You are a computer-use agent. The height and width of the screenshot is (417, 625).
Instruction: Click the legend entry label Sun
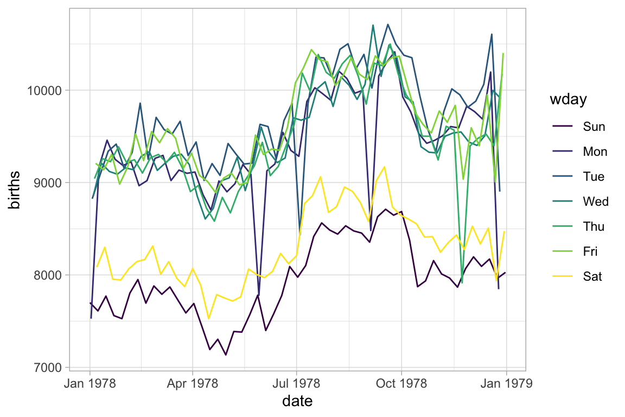(x=594, y=127)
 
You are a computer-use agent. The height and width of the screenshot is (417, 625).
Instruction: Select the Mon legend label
(x=595, y=151)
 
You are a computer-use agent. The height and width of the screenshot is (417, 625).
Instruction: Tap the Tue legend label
(x=594, y=176)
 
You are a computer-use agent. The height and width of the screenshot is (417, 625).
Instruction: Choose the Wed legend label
(x=596, y=201)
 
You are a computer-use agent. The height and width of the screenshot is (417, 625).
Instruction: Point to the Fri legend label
(x=591, y=251)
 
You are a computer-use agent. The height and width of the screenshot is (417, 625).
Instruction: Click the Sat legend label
(x=592, y=276)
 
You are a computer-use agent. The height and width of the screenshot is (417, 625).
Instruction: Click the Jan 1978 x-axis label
(x=90, y=383)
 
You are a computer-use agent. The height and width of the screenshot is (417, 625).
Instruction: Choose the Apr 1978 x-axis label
(x=193, y=383)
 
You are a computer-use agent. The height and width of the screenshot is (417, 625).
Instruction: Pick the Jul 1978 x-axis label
(x=297, y=383)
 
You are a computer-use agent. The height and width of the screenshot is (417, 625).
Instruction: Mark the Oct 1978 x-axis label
(x=401, y=383)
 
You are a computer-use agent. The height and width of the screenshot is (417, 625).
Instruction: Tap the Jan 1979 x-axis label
(x=507, y=383)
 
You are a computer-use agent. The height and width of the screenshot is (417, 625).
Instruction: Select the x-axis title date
(x=297, y=402)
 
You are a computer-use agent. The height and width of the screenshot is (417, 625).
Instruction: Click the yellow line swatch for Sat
(x=563, y=276)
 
